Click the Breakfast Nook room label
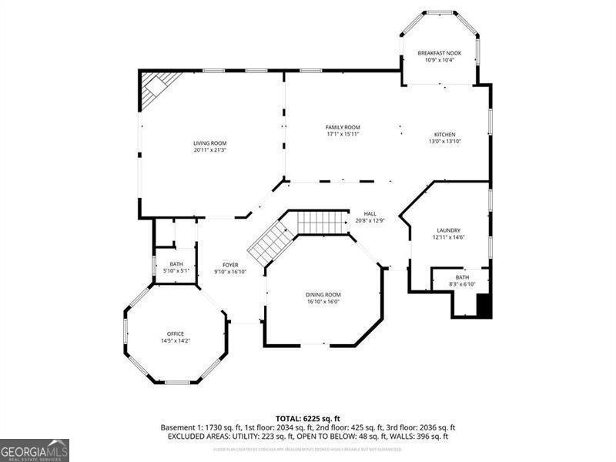[440, 53]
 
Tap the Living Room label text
[209, 143]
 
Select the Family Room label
[343, 127]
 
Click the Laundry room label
[448, 230]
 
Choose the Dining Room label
[323, 295]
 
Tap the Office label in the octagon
[176, 333]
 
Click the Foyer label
[230, 265]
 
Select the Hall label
[370, 214]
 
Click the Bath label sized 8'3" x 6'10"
[462, 277]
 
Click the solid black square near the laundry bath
[484, 306]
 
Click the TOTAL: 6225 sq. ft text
[308, 418]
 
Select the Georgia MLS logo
[35, 450]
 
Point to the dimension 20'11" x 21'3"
[209, 150]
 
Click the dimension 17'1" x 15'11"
[343, 134]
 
